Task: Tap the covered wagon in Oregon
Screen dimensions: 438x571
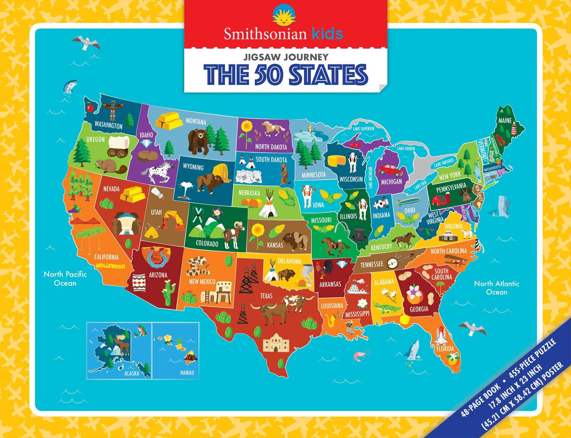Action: click(119, 146)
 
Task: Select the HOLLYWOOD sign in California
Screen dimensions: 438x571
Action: click(110, 266)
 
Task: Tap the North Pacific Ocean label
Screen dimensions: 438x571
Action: click(65, 278)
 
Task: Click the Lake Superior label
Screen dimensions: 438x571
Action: click(363, 129)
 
